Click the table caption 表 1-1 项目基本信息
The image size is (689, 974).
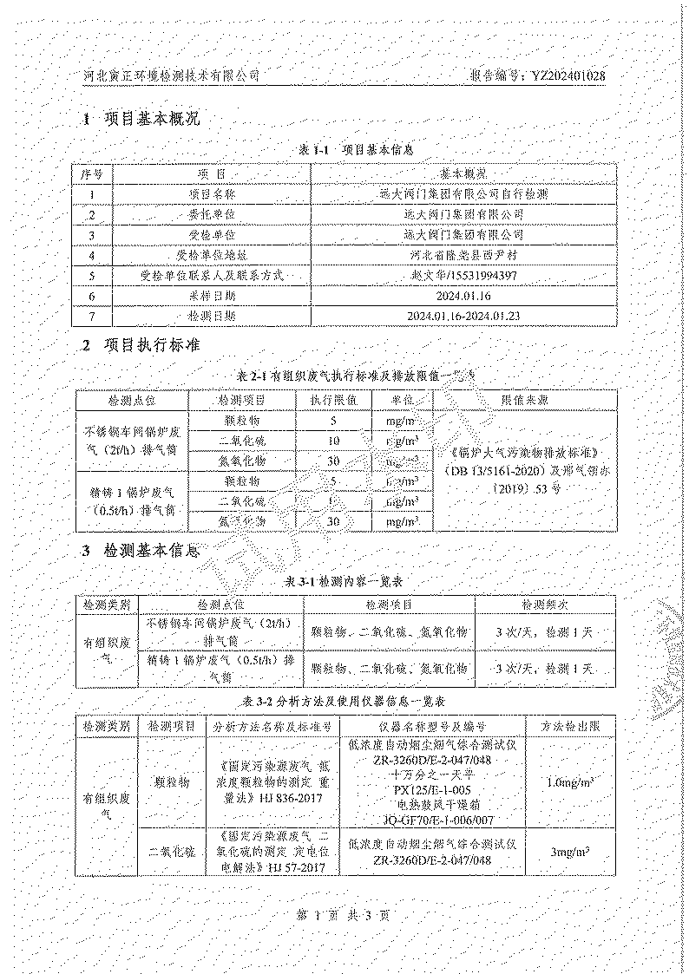(349, 150)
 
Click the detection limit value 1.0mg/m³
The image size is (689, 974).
(571, 781)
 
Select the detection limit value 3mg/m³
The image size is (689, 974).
(571, 853)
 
